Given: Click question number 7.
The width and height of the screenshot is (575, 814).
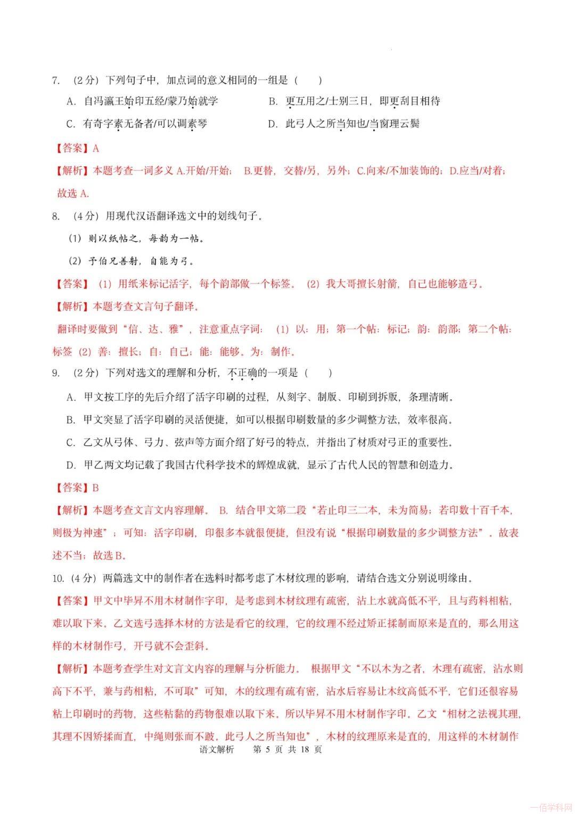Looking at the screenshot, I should (55, 80).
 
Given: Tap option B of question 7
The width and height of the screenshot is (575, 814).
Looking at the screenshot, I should (354, 101).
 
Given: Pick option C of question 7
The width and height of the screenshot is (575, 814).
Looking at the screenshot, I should (137, 124).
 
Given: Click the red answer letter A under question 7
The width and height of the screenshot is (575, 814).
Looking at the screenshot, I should (96, 149).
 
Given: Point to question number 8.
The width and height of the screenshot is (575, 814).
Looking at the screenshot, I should (55, 216).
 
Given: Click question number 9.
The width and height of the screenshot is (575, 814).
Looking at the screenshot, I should (55, 373).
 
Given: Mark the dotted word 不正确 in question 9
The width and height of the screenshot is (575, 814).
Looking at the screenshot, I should (242, 373).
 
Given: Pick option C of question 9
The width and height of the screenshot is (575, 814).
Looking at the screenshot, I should (258, 442).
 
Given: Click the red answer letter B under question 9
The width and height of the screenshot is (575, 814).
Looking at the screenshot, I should (96, 488).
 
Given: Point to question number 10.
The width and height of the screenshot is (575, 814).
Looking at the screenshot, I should (57, 578).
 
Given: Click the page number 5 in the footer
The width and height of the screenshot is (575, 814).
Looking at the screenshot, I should (268, 749).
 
